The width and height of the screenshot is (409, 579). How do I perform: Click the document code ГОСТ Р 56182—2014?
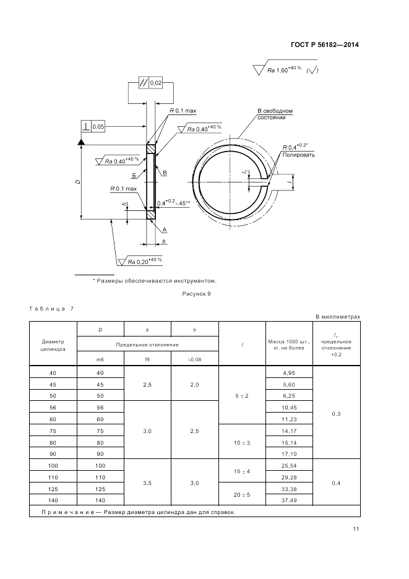tap(325, 45)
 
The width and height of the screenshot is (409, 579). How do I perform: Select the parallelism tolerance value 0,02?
tap(156, 83)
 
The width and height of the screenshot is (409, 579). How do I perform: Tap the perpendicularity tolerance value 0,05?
tap(98, 126)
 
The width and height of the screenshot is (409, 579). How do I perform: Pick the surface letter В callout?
tap(165, 173)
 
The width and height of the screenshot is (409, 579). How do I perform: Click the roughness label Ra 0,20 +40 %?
tap(145, 262)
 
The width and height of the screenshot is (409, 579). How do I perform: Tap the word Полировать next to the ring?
tap(299, 155)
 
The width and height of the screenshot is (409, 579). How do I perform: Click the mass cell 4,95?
tap(288, 373)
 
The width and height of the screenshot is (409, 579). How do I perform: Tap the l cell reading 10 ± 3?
tap(242, 443)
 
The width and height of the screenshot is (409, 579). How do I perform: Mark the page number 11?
tap(356, 528)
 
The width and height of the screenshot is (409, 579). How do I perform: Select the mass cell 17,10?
tap(288, 453)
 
